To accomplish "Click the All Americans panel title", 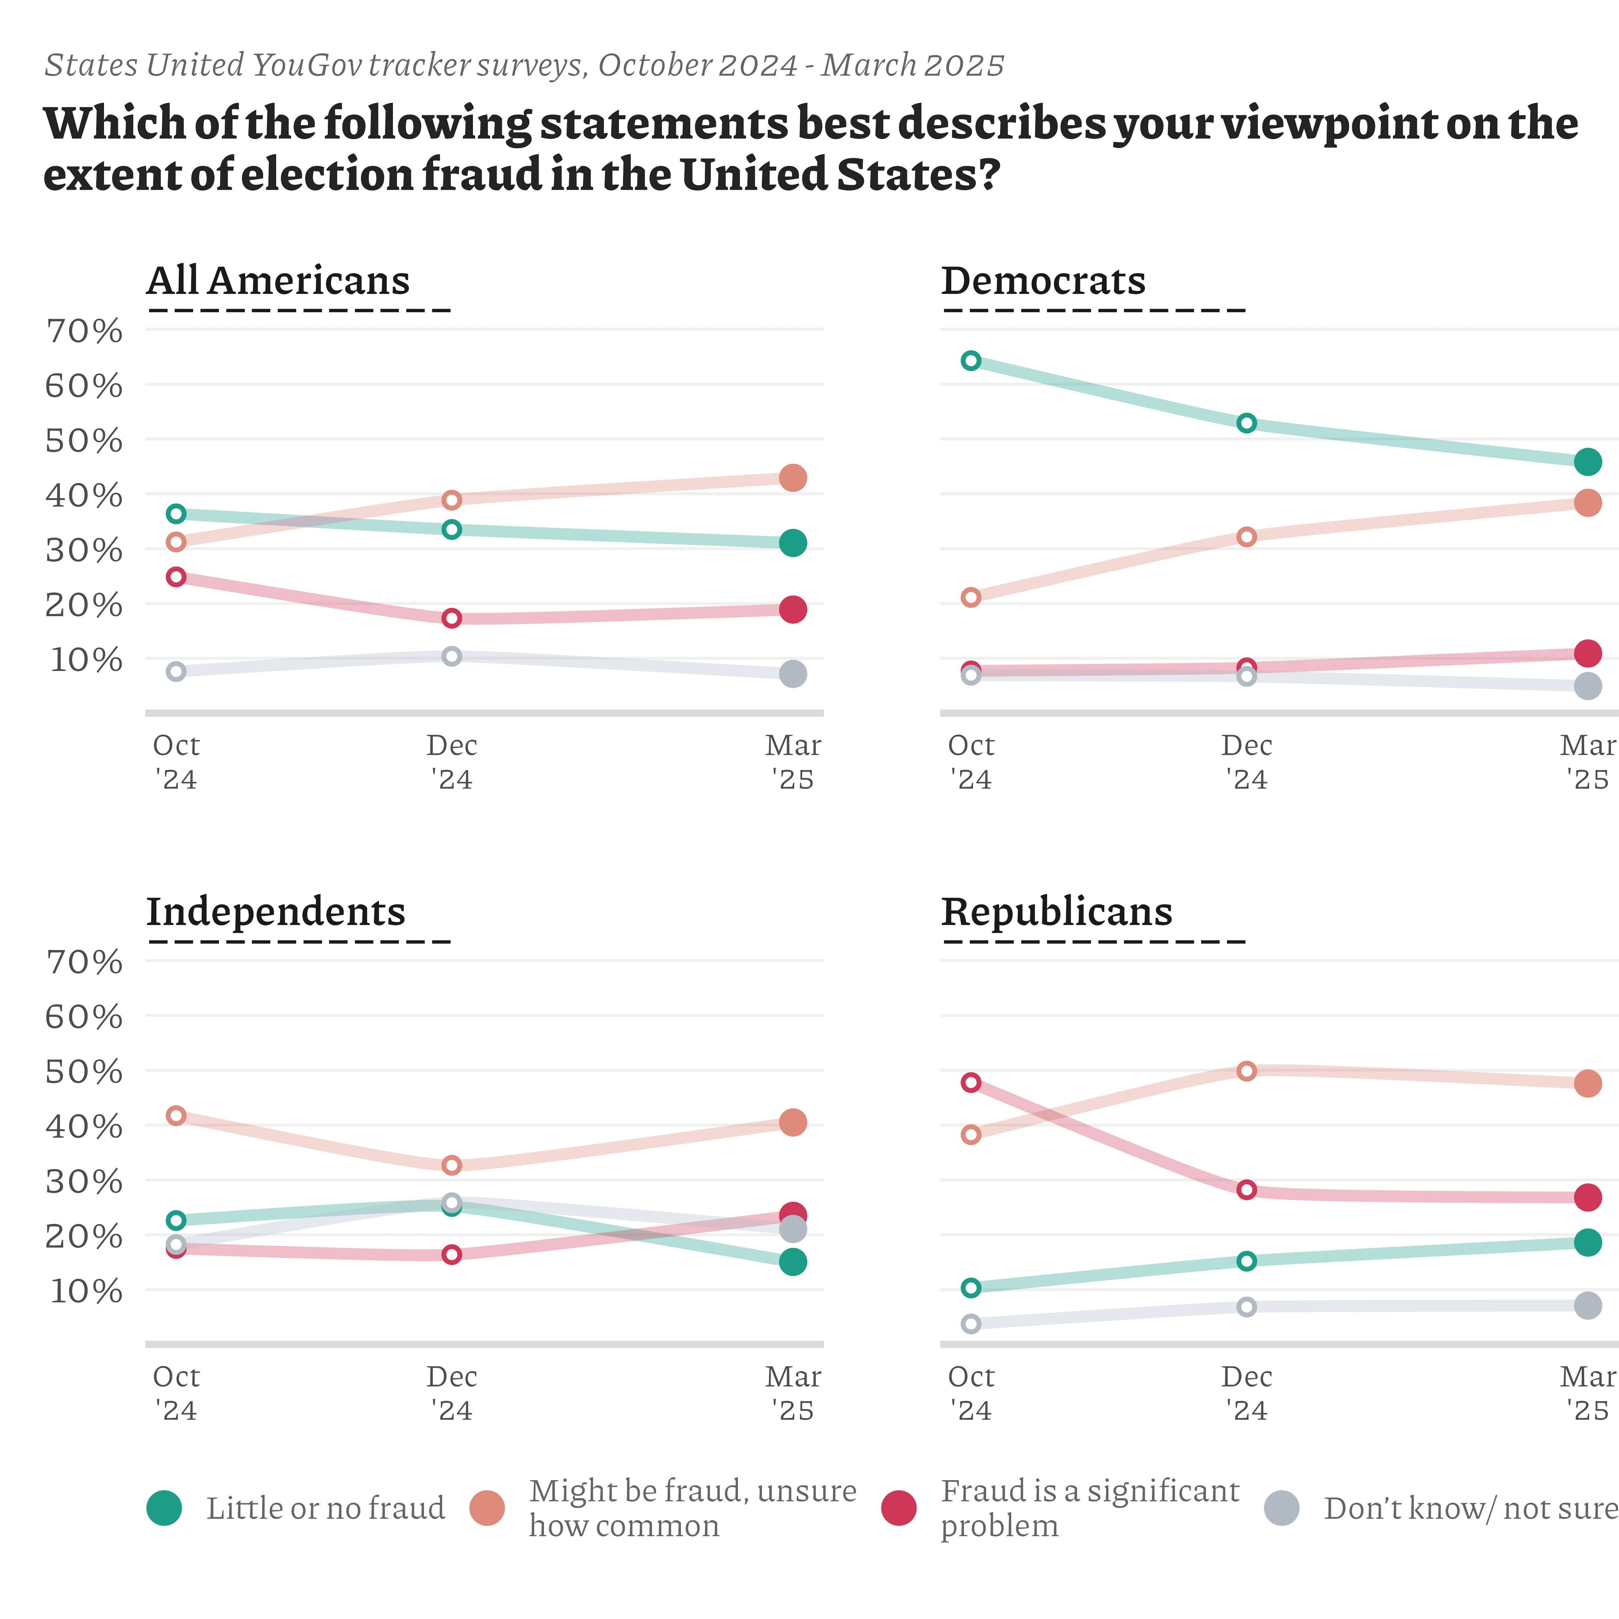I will [278, 281].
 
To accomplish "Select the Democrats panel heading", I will [1043, 281].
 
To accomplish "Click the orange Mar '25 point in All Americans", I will [793, 478].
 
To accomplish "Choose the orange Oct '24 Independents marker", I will [176, 1115].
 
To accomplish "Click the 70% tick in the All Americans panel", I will [84, 332].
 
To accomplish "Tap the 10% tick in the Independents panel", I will [86, 1291].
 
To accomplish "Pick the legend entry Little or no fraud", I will [325, 1508].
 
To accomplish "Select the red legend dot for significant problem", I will [899, 1508].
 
